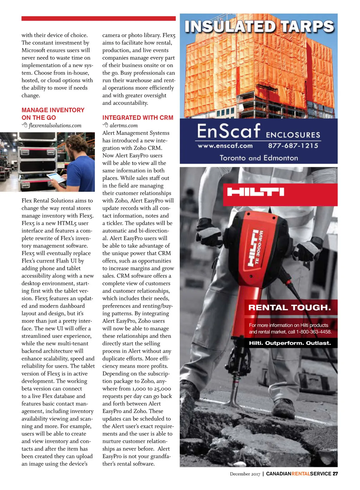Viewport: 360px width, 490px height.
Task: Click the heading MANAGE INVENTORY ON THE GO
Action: pos(53,114)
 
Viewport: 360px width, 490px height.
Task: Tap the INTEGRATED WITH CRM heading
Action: pos(138,118)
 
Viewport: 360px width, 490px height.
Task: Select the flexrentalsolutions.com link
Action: pos(55,126)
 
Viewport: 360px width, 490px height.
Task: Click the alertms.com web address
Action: pos(124,126)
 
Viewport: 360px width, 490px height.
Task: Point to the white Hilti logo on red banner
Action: pos(256,192)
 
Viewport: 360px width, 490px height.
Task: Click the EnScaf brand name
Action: pos(228,131)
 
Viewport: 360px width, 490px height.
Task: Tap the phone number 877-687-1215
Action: pos(293,146)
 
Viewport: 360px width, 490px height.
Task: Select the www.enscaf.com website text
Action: pos(225,146)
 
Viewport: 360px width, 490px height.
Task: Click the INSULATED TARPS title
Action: pos(259,26)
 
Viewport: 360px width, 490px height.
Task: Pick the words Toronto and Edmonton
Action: pos(259,158)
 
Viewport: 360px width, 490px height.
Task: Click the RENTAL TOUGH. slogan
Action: pos(289,307)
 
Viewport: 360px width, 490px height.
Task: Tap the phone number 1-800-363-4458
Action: pos(314,332)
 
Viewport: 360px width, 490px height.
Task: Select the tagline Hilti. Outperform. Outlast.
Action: pos(290,343)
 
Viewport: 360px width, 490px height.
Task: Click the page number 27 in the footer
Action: pos(335,474)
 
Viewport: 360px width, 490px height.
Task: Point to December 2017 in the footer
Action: pos(245,474)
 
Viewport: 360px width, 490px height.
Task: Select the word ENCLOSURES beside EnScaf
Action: pos(293,135)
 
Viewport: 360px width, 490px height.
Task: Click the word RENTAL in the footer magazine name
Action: pos(301,474)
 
